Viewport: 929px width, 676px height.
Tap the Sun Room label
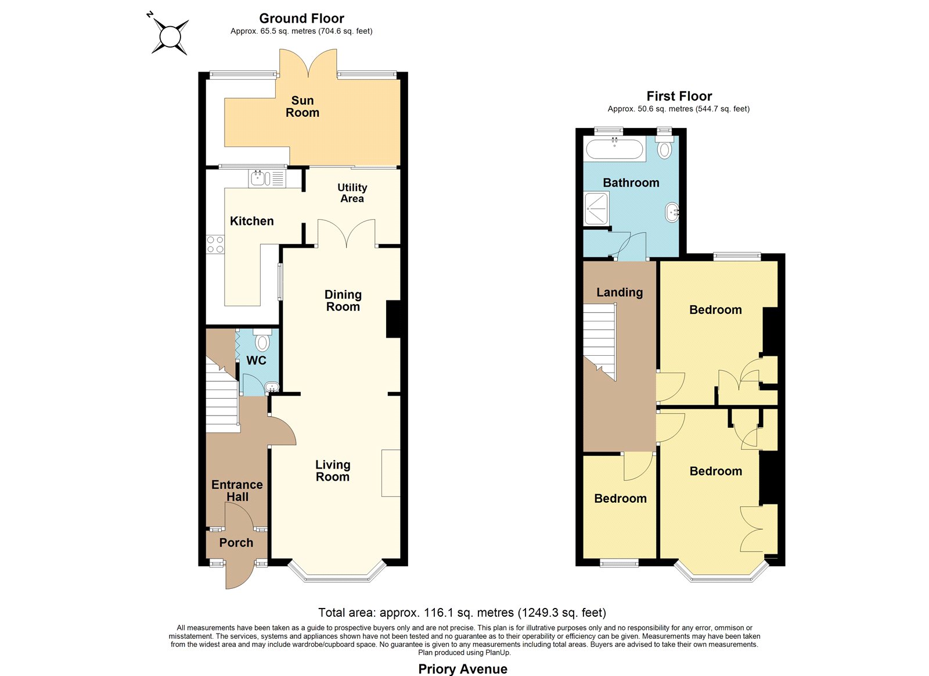click(x=303, y=107)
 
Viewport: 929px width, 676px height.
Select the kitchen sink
click(x=268, y=178)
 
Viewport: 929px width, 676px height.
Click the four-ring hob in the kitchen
click(x=215, y=244)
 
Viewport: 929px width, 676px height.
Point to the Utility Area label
click(x=352, y=193)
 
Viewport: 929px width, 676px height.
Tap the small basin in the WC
click(x=271, y=387)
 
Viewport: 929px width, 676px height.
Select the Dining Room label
click(x=343, y=301)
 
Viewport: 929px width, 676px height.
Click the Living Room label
click(x=333, y=470)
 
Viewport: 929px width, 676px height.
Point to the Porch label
click(x=236, y=543)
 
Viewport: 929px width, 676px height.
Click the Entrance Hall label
click(x=237, y=491)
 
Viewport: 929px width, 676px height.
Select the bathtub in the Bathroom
click(x=614, y=149)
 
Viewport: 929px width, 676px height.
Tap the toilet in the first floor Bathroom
click(x=664, y=147)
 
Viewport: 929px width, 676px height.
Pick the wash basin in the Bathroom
click(x=672, y=213)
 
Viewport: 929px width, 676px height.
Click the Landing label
click(x=620, y=292)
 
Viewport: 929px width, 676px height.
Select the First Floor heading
click(x=679, y=96)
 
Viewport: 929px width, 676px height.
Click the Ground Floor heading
click(x=301, y=18)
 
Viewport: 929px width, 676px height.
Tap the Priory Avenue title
click(x=463, y=669)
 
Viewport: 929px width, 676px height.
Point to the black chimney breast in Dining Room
click(x=393, y=319)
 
